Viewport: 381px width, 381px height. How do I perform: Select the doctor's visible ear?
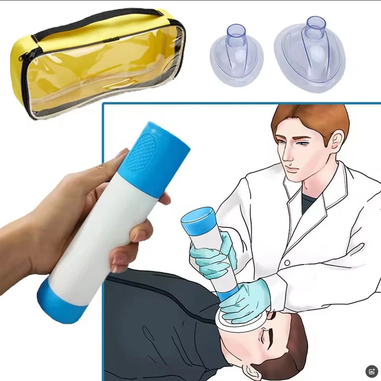(335, 141)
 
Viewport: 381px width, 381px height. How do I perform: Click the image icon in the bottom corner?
(371, 371)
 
